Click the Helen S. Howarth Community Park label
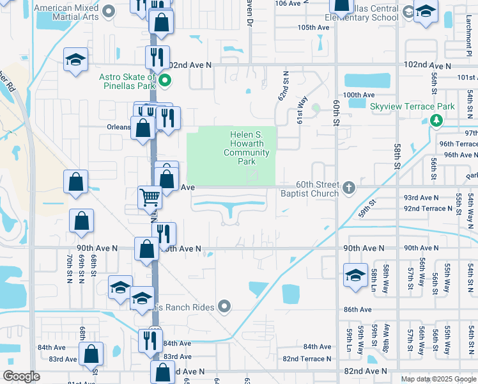(246, 148)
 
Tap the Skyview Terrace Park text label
(412, 106)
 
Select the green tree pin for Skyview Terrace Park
(437, 120)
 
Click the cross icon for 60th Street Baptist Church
(348, 188)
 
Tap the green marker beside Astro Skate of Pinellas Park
(164, 81)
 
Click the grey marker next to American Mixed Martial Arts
(108, 10)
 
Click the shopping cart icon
(150, 198)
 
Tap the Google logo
(22, 376)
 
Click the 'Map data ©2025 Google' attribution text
(438, 379)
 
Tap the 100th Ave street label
(358, 95)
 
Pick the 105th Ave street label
(312, 28)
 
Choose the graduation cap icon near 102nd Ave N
(76, 61)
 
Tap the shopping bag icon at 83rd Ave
(91, 353)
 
